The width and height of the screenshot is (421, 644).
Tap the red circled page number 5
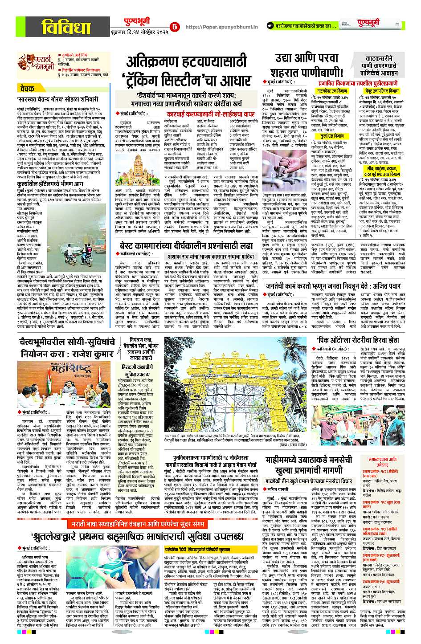[175, 27]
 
